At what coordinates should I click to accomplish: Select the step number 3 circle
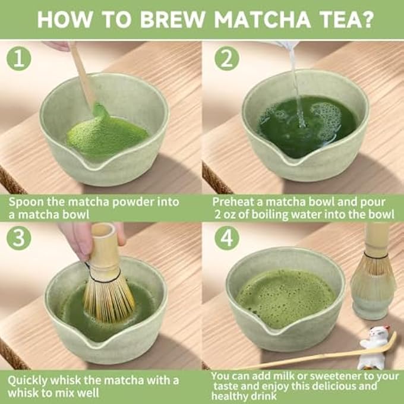click(x=19, y=238)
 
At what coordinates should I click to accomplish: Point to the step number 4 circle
click(x=227, y=238)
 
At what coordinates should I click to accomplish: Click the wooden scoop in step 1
click(x=83, y=77)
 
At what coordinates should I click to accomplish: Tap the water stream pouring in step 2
click(x=295, y=83)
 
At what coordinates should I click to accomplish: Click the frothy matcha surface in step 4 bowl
click(x=284, y=291)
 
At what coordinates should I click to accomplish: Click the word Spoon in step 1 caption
click(x=26, y=202)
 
